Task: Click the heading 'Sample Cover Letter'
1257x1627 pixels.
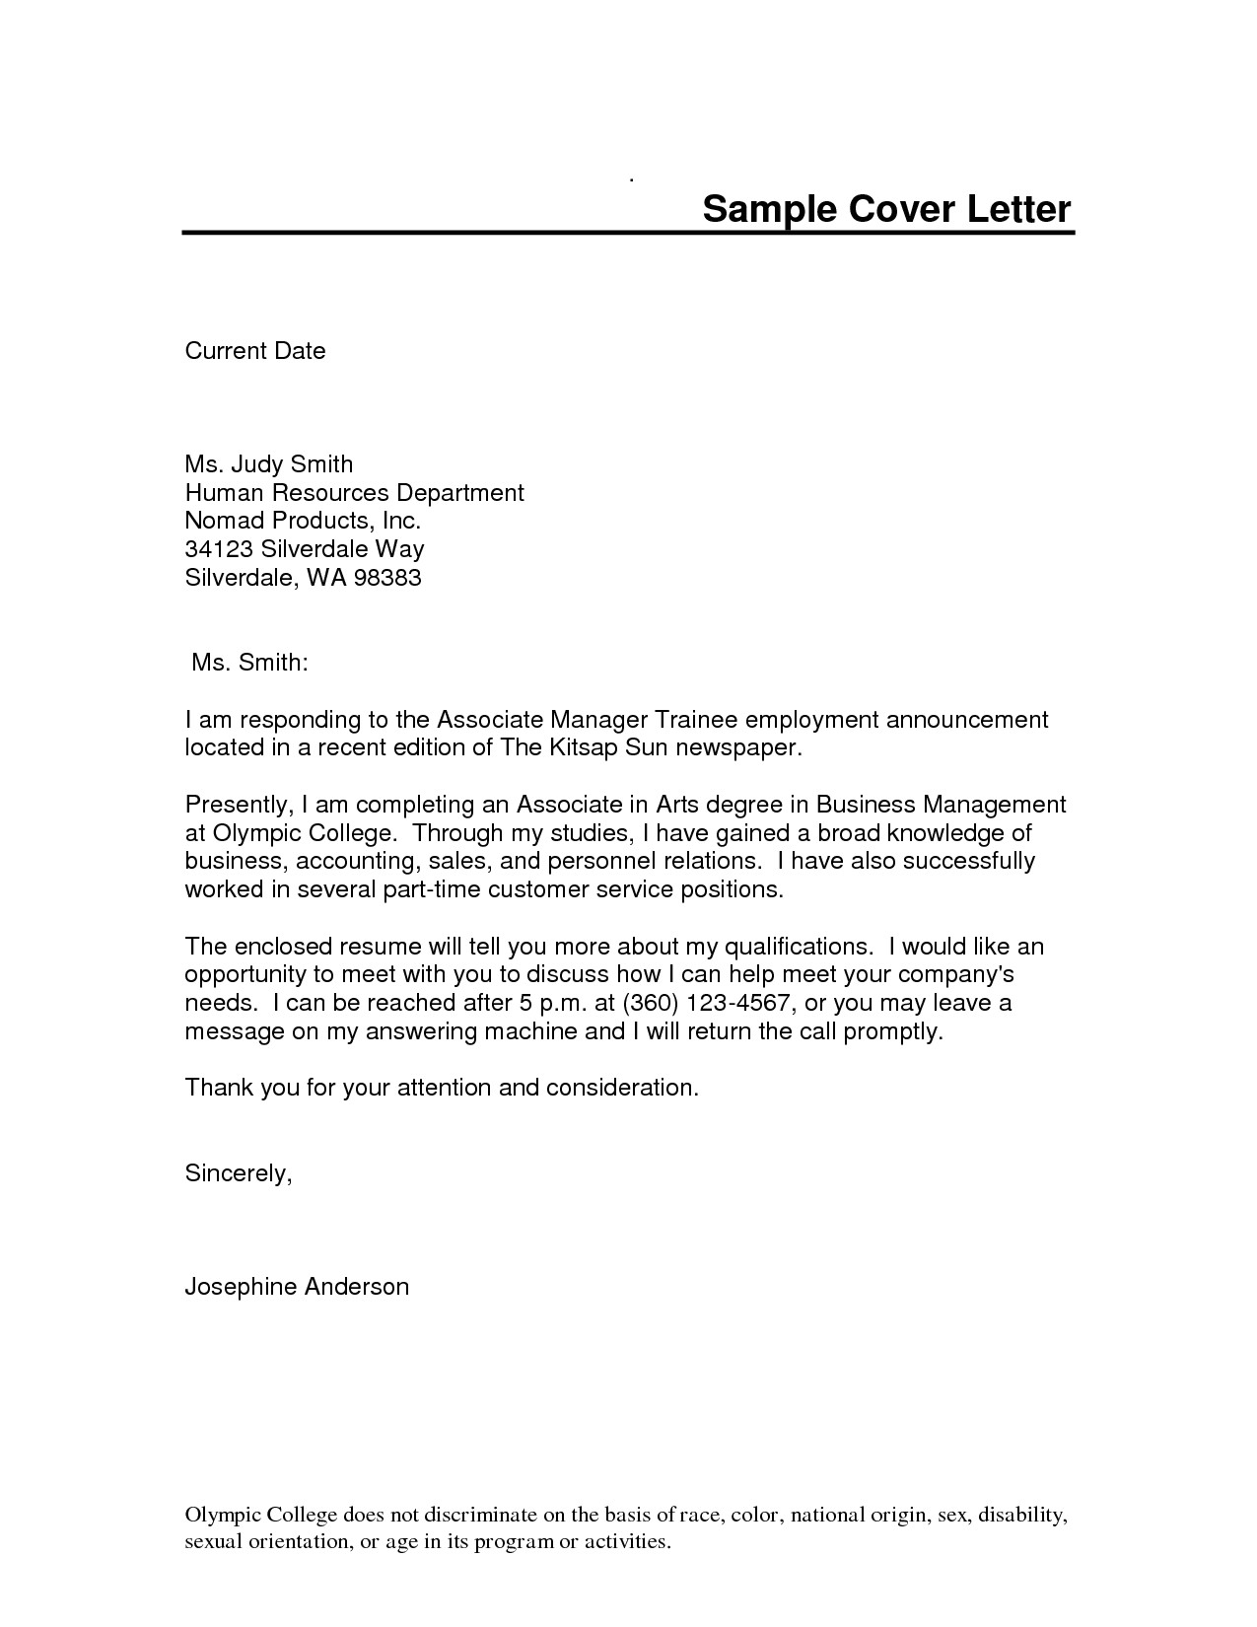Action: coord(885,209)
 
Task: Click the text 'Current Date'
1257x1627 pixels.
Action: coord(255,351)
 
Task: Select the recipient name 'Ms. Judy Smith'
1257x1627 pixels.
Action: coord(268,463)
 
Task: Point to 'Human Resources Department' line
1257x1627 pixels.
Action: coord(354,492)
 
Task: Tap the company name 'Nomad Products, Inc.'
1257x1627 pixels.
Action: coord(303,521)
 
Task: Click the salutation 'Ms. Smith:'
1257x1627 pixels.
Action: coord(250,663)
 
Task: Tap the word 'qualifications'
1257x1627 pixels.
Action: coord(799,947)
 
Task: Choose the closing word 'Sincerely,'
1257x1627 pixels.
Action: coord(239,1173)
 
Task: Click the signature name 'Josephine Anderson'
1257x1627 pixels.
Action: coord(297,1287)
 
